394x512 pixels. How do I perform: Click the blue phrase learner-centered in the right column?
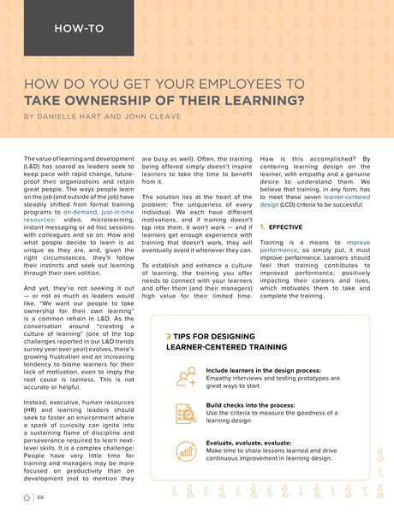pyautogui.click(x=349, y=195)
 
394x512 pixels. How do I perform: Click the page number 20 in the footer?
pyautogui.click(x=41, y=496)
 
